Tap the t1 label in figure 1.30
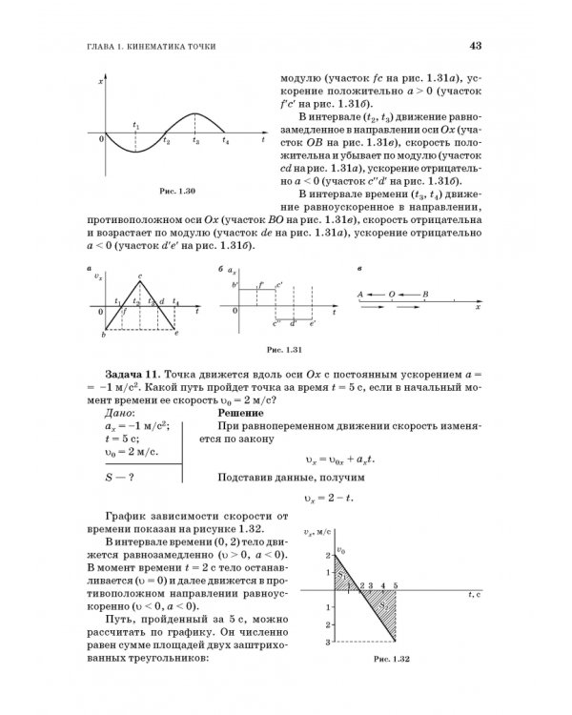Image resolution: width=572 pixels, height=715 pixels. point(136,126)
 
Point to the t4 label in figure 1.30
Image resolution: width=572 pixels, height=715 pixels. point(225,143)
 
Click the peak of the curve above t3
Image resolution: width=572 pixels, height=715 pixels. point(196,113)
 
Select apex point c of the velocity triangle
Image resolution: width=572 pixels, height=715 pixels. point(140,279)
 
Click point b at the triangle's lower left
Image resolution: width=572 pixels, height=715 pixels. point(101,334)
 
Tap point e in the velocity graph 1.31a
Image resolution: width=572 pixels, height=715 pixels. point(177,335)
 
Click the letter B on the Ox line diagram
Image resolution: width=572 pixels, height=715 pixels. point(425,294)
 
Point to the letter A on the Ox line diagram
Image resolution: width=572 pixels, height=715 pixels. point(361,294)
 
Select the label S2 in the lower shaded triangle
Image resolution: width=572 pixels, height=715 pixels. point(385,607)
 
